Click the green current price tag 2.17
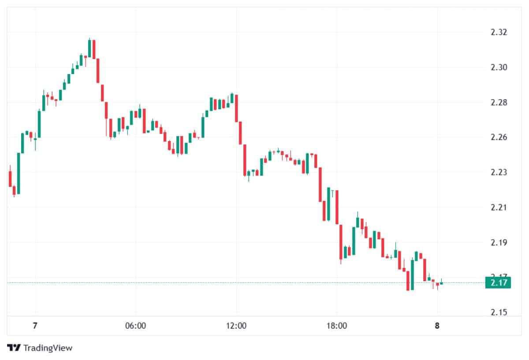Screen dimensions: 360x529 (498, 282)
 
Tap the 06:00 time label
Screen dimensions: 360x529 (136, 327)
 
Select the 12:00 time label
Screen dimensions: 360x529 (236, 327)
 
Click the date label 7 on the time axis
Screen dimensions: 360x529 (35, 327)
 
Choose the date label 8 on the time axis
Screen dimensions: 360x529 (437, 327)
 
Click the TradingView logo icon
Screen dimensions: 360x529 (14, 348)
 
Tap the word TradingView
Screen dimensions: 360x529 (48, 348)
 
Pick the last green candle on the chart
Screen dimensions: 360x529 (441, 283)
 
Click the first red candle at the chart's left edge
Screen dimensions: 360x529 (10, 178)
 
